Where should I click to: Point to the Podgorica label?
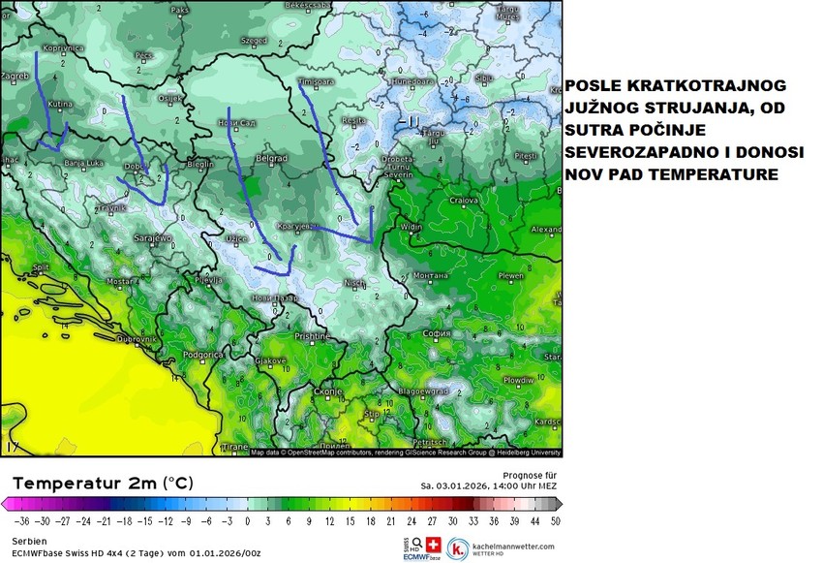[203, 356]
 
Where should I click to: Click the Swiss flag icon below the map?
[433, 545]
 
